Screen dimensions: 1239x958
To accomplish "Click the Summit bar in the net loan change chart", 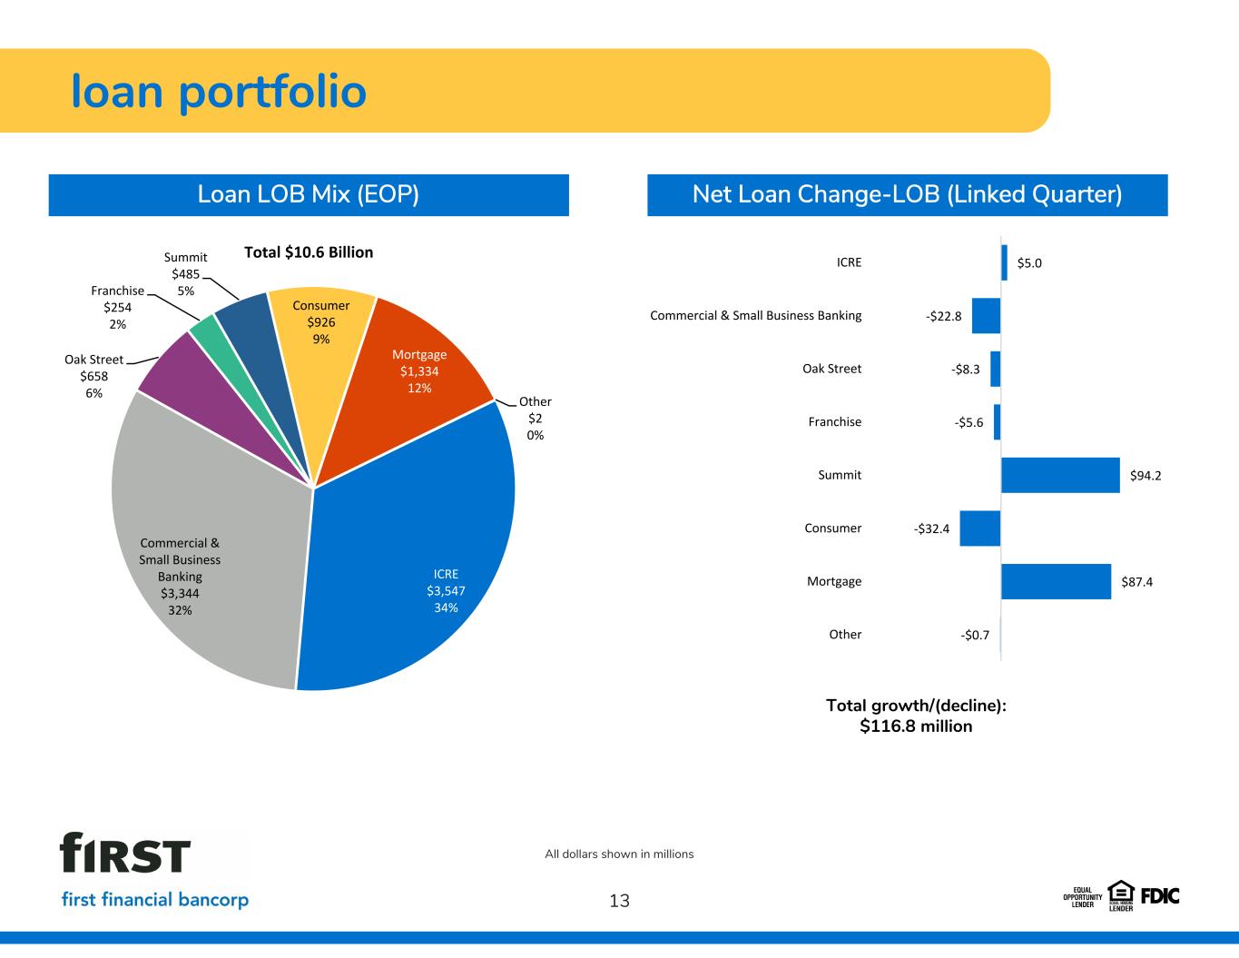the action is tap(1060, 475).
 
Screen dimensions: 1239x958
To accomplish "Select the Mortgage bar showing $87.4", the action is tap(1056, 582).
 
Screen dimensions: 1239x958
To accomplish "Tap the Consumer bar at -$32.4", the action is tap(980, 528).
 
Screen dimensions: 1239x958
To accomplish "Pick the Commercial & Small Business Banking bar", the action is tap(987, 315).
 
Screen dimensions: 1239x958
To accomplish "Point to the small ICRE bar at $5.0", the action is tap(1004, 262).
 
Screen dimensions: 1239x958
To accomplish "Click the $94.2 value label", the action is tap(1146, 476).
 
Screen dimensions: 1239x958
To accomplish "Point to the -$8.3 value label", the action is tap(965, 370).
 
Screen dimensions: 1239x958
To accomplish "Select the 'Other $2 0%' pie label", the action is tap(535, 418).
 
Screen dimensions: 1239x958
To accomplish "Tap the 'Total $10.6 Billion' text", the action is tap(309, 252).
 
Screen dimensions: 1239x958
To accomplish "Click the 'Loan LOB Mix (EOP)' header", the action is tap(309, 194).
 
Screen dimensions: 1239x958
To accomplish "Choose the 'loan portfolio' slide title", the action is tap(219, 93).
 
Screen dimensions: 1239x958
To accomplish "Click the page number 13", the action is tap(619, 901).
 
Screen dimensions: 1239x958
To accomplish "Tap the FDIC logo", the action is tap(1160, 896).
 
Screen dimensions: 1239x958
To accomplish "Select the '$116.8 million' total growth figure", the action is tap(916, 726).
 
